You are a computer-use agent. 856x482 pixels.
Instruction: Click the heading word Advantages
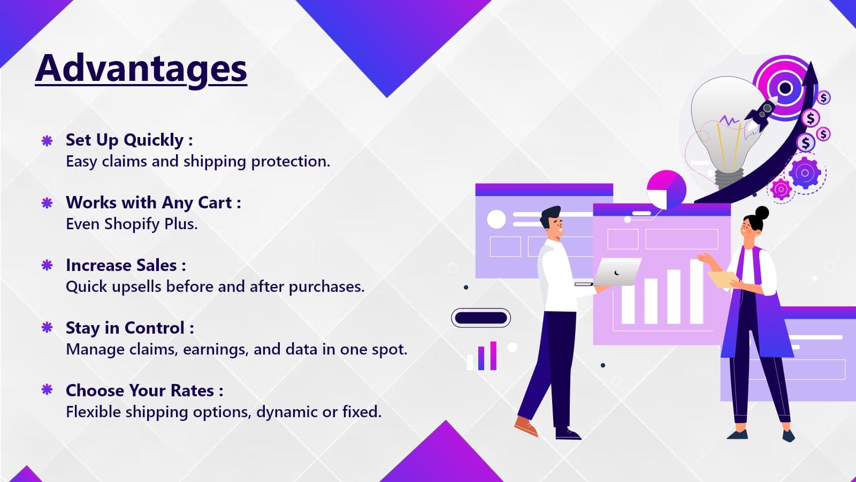click(141, 70)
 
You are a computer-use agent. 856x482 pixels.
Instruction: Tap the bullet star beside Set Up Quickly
click(47, 141)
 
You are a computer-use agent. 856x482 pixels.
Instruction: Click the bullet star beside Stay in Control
click(47, 327)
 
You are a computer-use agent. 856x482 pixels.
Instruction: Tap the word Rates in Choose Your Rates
click(192, 390)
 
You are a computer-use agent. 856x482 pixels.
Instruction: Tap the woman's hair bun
click(762, 213)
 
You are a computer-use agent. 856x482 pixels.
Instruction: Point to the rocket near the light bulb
click(760, 114)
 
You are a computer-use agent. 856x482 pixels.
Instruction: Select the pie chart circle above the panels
click(667, 190)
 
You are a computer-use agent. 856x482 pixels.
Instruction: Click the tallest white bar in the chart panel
click(697, 291)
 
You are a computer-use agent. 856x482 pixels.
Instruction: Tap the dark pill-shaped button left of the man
click(481, 318)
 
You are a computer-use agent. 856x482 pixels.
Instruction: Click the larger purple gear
click(805, 173)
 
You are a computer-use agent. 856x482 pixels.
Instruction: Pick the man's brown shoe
click(526, 426)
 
